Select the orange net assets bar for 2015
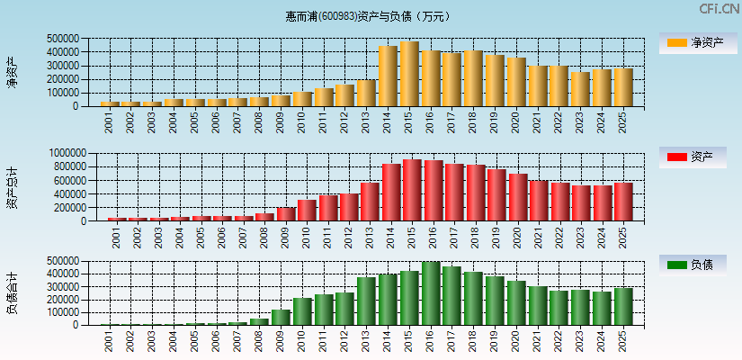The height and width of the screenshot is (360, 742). [409, 74]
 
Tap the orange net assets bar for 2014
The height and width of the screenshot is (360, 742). [388, 76]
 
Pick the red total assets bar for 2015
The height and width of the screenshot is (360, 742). [413, 190]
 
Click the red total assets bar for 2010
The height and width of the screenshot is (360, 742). [307, 210]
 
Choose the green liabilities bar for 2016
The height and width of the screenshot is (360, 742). [431, 293]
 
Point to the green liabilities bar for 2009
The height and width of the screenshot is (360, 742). [281, 317]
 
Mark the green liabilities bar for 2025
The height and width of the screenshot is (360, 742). [623, 306]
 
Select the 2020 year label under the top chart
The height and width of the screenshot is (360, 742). [515, 123]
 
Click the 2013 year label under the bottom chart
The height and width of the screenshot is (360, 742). [366, 341]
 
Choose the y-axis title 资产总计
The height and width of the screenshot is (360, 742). [13, 186]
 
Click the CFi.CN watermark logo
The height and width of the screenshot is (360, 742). [719, 9]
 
